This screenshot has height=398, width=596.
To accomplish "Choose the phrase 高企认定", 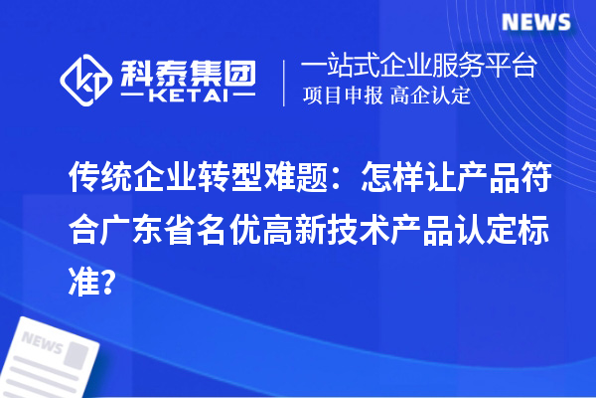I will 431,97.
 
